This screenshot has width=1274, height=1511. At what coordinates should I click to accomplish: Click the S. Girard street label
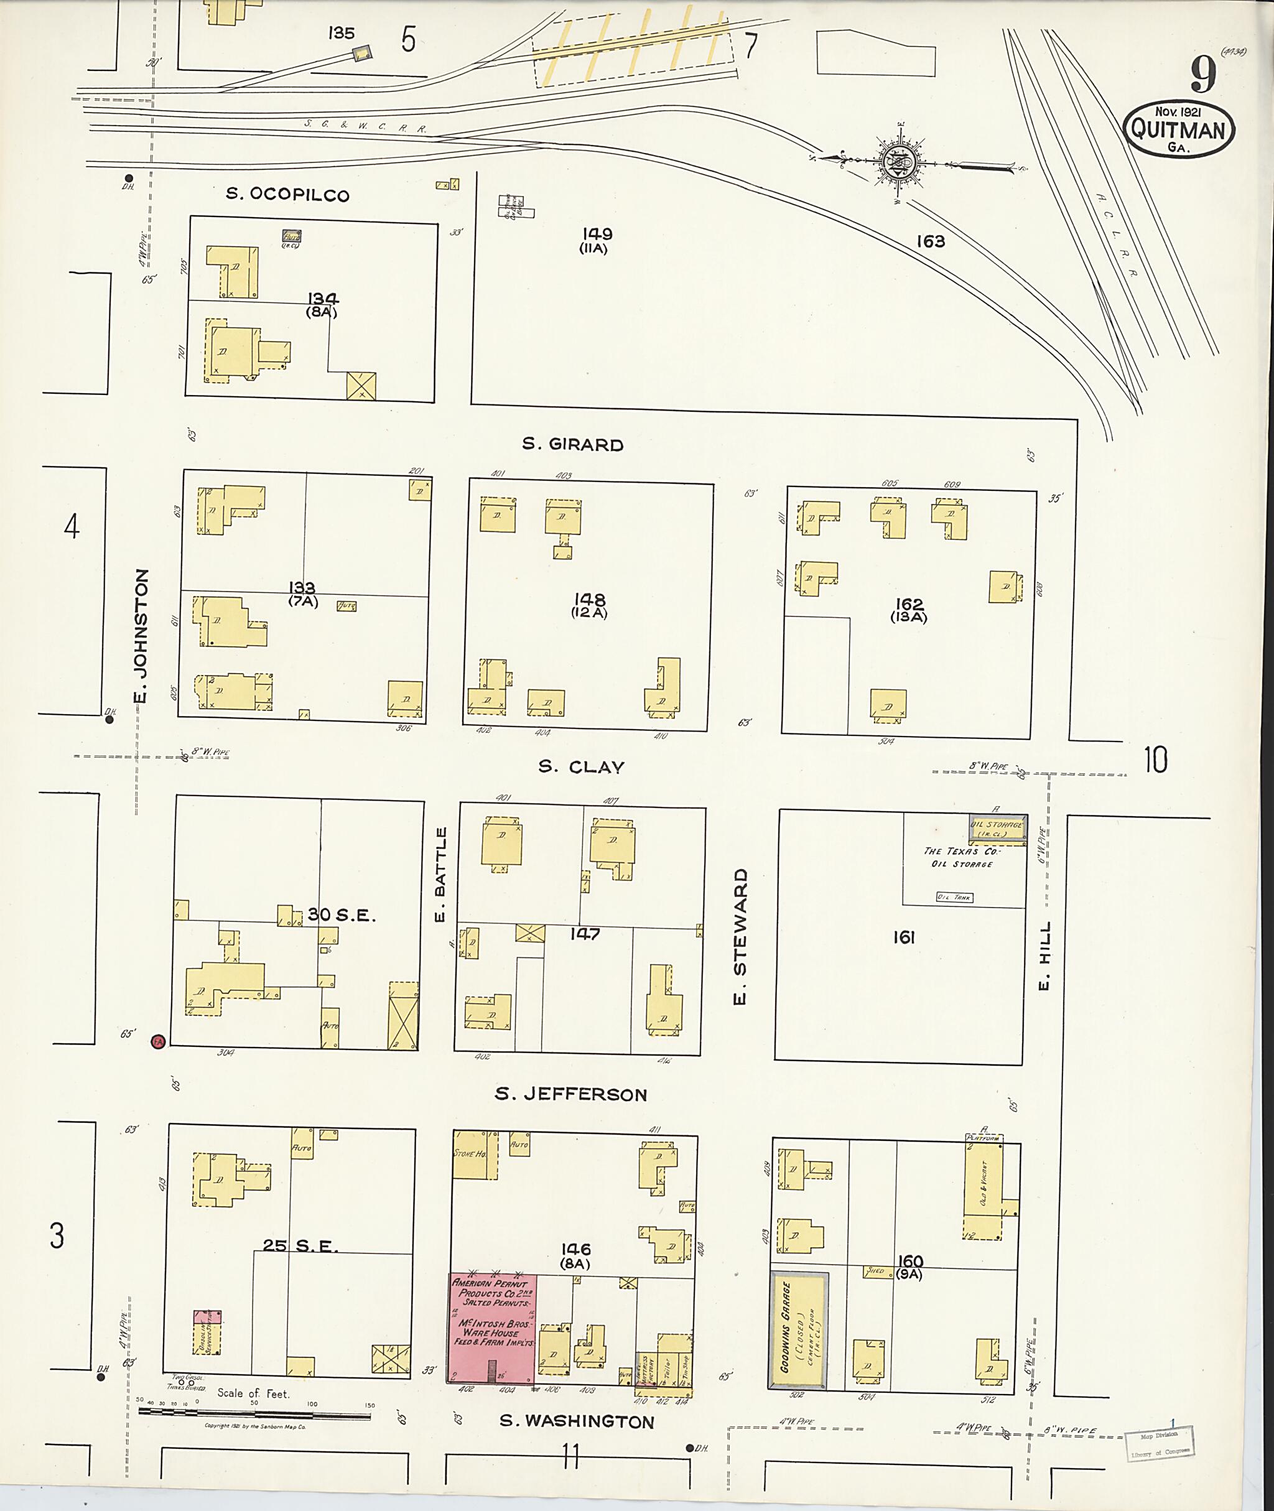[x=573, y=444]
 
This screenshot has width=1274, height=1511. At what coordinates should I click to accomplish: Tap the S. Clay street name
[x=582, y=767]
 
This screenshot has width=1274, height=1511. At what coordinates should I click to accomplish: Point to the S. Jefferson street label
[x=570, y=1094]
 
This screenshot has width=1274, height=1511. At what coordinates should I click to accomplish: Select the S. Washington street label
[x=577, y=1421]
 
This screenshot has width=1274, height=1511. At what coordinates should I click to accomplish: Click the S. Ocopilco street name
[x=287, y=194]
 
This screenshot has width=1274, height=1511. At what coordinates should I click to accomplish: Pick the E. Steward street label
[x=740, y=937]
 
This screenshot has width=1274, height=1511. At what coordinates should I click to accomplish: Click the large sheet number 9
[x=1203, y=75]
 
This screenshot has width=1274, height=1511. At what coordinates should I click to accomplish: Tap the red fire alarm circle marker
[x=157, y=1041]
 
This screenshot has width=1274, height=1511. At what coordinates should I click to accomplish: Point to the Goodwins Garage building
[x=798, y=1331]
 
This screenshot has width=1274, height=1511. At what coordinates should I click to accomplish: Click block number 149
[x=597, y=234]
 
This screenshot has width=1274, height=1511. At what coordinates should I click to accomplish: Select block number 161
[x=903, y=937]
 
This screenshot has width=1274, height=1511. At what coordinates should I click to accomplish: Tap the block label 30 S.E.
[x=342, y=915]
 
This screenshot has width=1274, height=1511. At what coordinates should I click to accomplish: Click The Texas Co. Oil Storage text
[x=961, y=857]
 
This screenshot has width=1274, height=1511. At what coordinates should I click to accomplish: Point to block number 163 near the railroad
[x=930, y=241]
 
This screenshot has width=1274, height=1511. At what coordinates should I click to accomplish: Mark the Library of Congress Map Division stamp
[x=1158, y=1444]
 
